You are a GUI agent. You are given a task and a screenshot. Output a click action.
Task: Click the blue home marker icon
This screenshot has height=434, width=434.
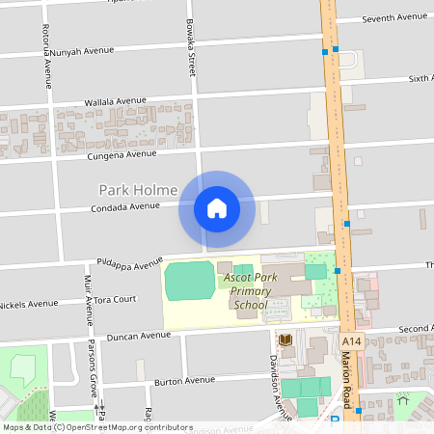tap(216, 208)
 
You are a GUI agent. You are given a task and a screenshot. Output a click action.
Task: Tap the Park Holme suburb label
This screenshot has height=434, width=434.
tap(138, 190)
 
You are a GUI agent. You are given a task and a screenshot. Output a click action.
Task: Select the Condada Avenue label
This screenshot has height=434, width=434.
tap(124, 206)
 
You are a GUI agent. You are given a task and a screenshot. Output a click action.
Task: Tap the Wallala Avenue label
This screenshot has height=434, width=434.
tap(115, 100)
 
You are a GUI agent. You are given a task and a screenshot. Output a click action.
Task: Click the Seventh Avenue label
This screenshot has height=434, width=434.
tap(393, 18)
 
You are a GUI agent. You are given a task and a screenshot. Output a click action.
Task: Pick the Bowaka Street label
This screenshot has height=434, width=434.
tap(191, 48)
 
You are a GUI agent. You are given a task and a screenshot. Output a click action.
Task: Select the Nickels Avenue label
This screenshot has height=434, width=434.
tap(29, 304)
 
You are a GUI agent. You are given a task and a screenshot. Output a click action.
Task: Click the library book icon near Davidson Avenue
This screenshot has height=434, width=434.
tap(285, 339)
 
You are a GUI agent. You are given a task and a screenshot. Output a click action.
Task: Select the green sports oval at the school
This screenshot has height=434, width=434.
tap(189, 281)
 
